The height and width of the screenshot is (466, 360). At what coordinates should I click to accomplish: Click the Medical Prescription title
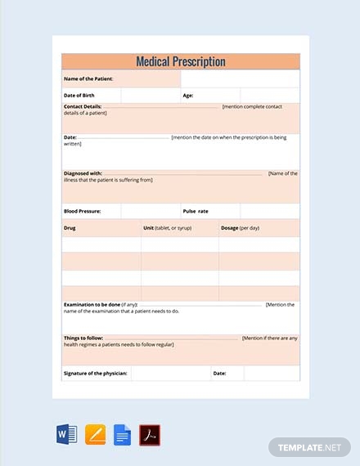[180, 61]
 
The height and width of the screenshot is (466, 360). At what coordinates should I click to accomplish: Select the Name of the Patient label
[88, 79]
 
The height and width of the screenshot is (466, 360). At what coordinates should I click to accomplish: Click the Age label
[187, 96]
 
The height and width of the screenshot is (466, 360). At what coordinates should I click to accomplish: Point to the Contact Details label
[85, 107]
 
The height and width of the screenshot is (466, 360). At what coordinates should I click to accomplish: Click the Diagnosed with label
[83, 173]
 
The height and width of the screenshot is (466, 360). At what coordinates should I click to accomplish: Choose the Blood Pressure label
[83, 211]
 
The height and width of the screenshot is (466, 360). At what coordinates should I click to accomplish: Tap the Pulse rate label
[197, 211]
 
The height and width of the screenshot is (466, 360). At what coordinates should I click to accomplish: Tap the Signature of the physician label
[96, 373]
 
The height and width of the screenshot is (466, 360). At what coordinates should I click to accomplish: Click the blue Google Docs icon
[121, 433]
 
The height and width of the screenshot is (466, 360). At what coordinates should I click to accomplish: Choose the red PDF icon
[149, 433]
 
